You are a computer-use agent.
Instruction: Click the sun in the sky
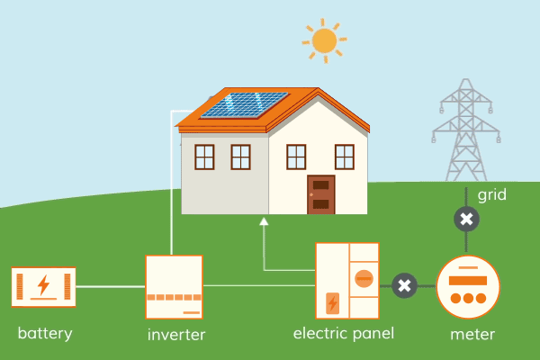323,40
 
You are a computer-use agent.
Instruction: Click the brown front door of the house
320,194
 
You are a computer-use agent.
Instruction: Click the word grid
492,195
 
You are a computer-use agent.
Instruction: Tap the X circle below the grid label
465,219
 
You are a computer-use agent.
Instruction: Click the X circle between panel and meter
404,286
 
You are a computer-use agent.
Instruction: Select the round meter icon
467,287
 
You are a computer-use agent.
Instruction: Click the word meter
472,335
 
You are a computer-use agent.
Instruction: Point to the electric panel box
346,281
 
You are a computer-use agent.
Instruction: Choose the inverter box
174,287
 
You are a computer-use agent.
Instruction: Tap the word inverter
176,336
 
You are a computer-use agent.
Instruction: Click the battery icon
43,287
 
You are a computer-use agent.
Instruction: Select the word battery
45,334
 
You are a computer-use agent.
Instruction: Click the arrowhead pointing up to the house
264,220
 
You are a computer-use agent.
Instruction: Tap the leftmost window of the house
204,157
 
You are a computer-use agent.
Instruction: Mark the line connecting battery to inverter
111,287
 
